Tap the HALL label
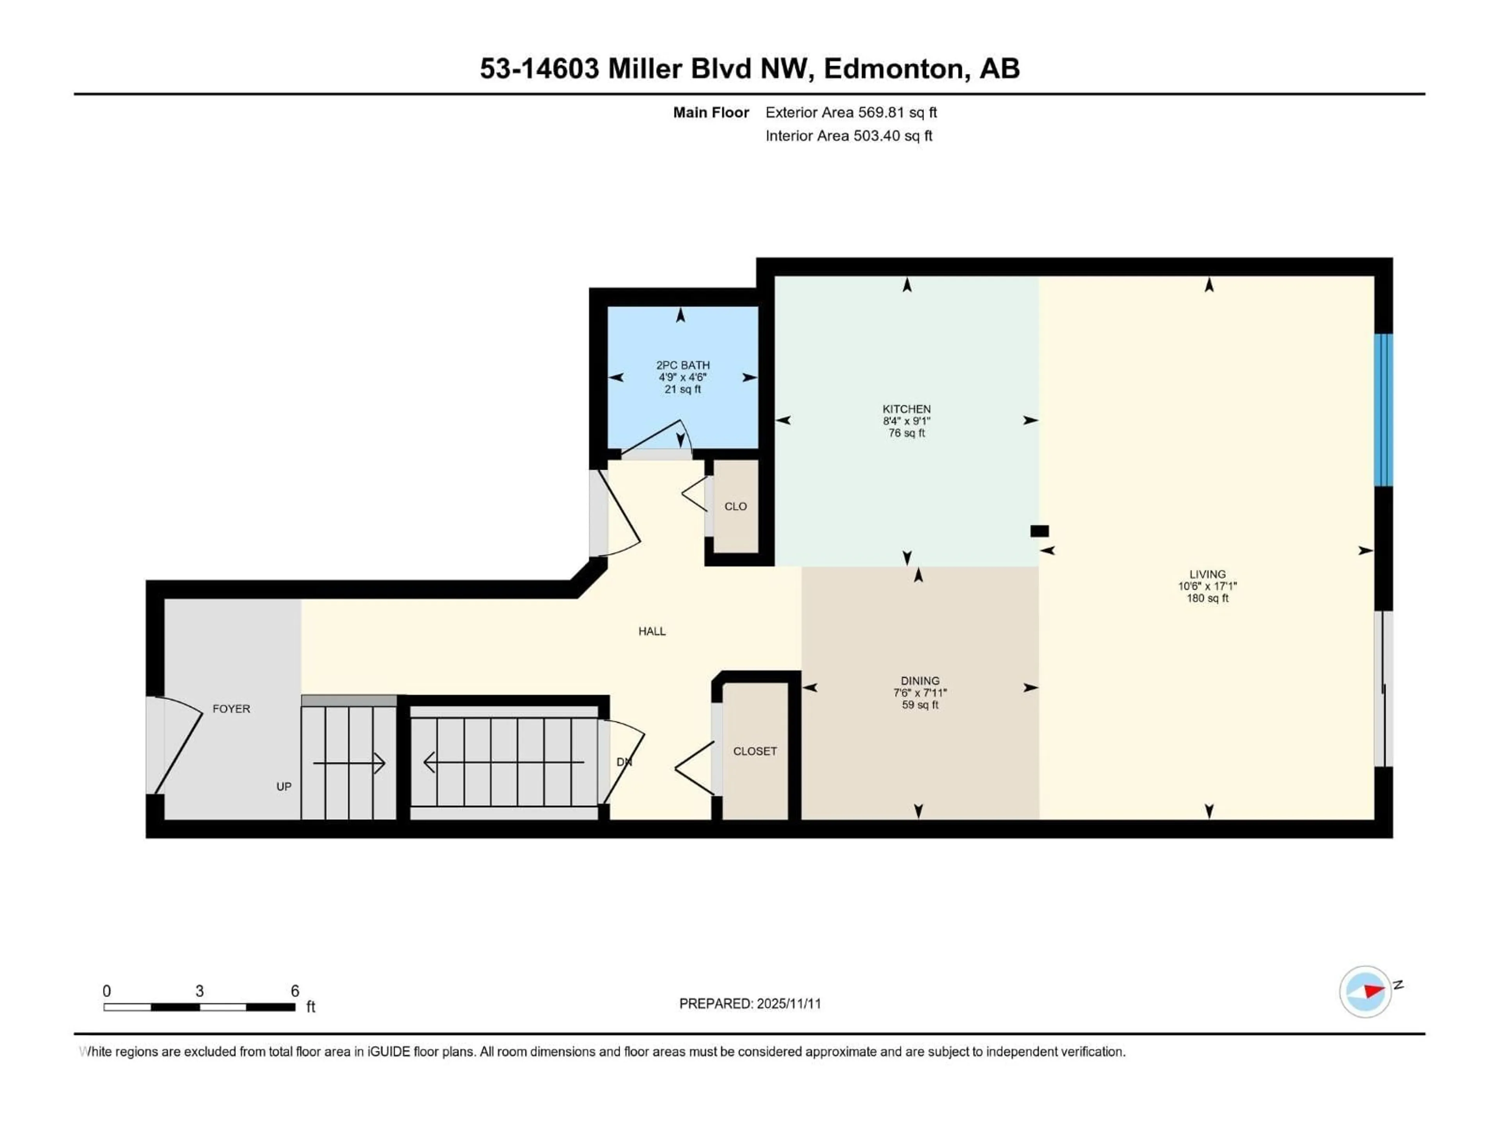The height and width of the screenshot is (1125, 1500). [x=652, y=631]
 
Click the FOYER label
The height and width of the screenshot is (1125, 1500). [x=231, y=709]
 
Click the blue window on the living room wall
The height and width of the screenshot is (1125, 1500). [x=1383, y=410]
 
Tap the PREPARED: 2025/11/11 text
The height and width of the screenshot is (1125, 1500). [x=750, y=1004]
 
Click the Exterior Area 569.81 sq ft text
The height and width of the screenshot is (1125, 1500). [x=851, y=112]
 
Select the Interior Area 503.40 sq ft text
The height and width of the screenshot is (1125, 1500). [x=848, y=136]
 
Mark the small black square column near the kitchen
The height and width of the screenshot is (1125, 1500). [x=1039, y=531]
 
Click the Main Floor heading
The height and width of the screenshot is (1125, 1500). [x=711, y=112]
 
